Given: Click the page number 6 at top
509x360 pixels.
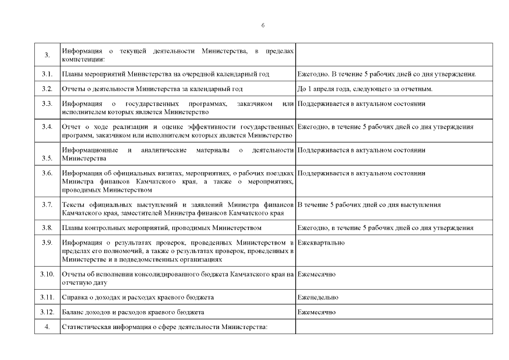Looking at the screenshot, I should pos(263,25).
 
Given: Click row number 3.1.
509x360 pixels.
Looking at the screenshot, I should pos(47,74).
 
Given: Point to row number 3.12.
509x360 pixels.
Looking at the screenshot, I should pos(47,312).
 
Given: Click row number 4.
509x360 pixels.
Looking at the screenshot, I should pos(47,327).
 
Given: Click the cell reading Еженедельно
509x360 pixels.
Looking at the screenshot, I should pos(318,297).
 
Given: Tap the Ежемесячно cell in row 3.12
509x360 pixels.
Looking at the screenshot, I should pos(317,312).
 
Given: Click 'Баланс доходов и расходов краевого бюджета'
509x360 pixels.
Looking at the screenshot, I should pos(133,312).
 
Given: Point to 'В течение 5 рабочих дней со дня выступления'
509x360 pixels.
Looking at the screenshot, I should pos(369,204).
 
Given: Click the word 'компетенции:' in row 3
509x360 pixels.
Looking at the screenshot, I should pos(80,58).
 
